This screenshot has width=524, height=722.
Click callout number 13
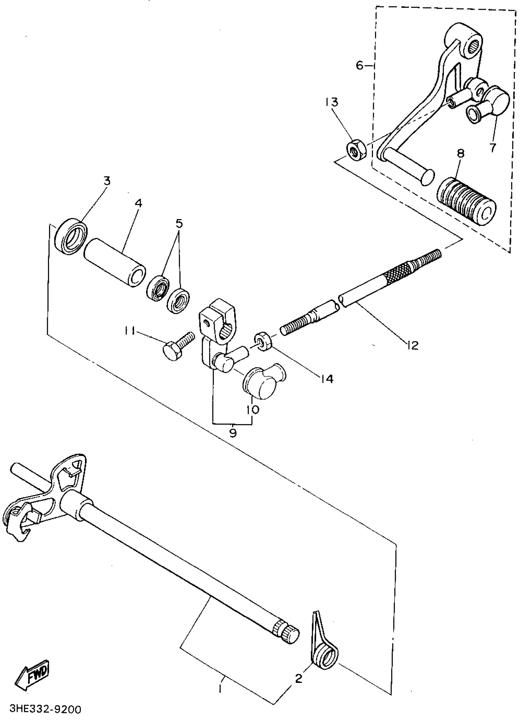pos(332,102)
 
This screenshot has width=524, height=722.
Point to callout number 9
pos(233,433)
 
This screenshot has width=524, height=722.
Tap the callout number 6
pos(359,66)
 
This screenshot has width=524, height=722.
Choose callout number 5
pos(179,224)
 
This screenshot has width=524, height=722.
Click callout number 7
pos(493,148)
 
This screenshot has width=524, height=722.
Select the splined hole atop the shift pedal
pos(475,47)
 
